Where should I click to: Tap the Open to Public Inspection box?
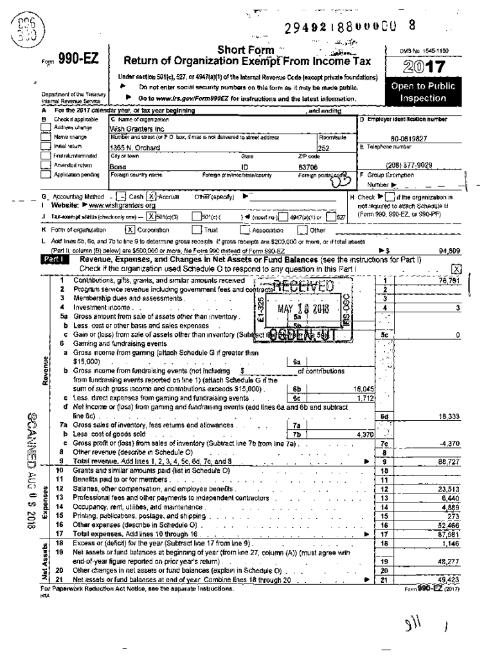tap(423, 93)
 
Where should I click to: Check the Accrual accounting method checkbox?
tap(152, 196)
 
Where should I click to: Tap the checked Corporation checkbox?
tap(130, 229)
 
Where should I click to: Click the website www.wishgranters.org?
tap(121, 204)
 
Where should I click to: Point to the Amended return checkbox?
tap(46, 164)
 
